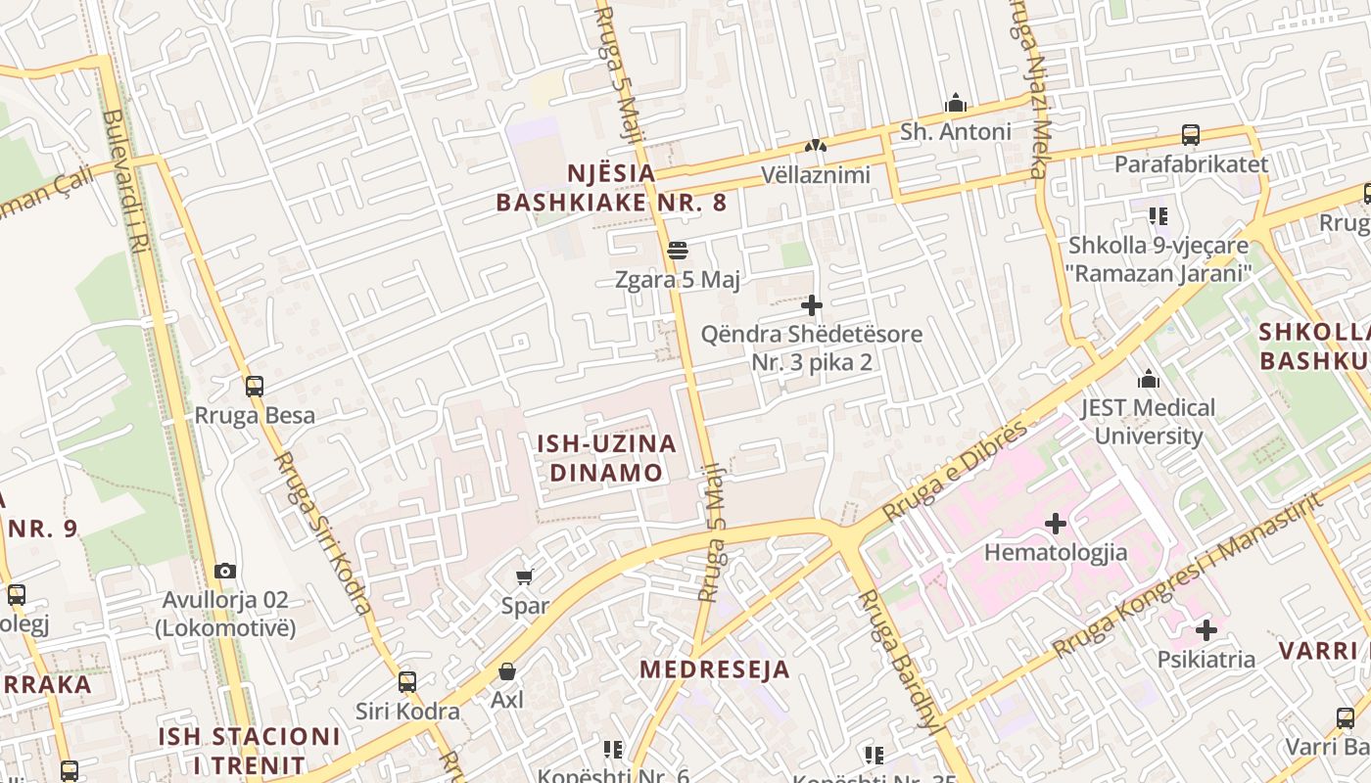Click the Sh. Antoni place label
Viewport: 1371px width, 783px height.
click(x=955, y=131)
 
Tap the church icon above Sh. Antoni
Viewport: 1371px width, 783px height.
click(x=955, y=103)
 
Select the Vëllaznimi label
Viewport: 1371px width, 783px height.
click(x=816, y=175)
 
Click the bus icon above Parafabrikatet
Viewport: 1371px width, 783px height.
click(x=1191, y=135)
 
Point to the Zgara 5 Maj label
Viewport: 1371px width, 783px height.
click(x=678, y=280)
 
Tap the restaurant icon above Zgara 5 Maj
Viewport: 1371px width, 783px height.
click(x=677, y=251)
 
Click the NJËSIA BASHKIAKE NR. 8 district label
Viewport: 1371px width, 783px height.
click(x=611, y=188)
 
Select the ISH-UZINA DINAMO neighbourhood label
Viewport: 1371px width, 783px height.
click(x=606, y=457)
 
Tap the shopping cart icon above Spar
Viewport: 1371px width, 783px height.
click(x=525, y=576)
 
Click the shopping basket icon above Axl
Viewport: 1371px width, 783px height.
click(x=507, y=671)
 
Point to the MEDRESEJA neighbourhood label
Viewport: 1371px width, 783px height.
click(x=715, y=669)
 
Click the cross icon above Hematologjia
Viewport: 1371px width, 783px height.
click(x=1055, y=524)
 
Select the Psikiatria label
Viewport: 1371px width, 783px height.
click(x=1206, y=660)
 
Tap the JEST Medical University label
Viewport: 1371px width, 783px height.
click(x=1148, y=422)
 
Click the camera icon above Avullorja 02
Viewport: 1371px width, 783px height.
click(x=225, y=571)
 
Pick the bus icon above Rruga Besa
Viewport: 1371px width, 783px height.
click(x=255, y=387)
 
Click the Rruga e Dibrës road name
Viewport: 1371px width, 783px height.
click(x=956, y=470)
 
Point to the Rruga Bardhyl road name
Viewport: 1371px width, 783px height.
click(x=895, y=660)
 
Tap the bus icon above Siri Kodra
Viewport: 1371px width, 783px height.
click(x=406, y=682)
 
